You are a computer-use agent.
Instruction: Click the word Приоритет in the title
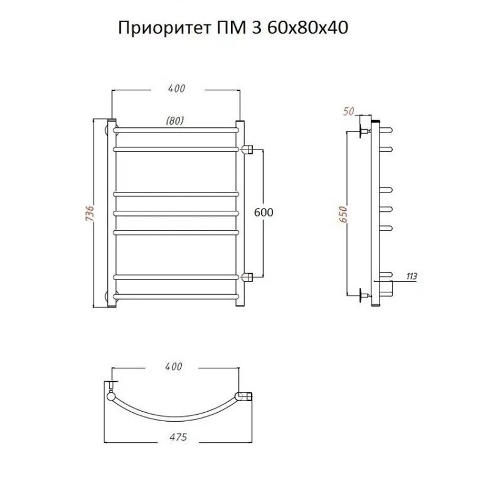164,28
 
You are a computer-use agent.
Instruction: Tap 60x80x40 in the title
307,27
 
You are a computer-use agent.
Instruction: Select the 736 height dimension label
89,212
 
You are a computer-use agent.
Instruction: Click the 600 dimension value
264,212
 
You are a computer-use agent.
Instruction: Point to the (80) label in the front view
175,120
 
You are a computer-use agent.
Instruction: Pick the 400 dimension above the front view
176,89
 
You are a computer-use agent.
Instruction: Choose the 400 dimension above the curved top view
173,367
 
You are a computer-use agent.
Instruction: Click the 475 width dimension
178,436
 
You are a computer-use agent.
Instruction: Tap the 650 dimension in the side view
343,214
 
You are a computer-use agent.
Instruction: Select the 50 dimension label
349,111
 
